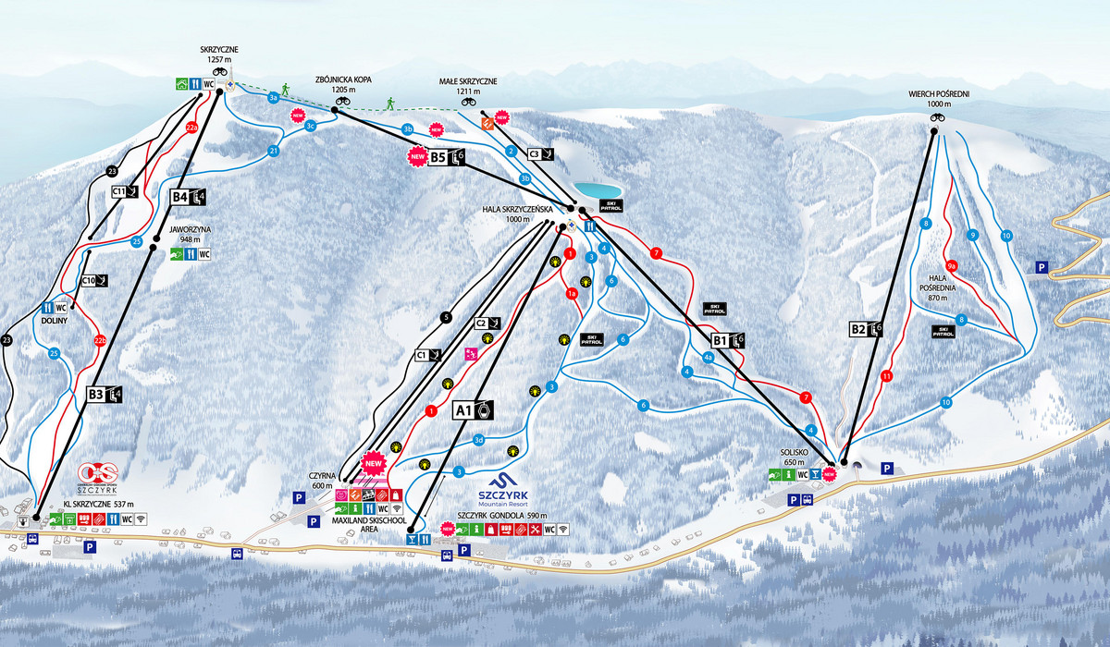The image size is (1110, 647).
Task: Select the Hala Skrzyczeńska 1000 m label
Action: (518, 214)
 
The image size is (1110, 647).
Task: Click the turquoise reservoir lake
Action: (596, 190)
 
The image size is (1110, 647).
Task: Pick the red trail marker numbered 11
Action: (887, 376)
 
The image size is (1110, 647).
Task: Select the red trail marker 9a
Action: (951, 264)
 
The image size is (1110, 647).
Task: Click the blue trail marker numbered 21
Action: (274, 151)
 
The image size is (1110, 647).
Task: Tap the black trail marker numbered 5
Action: (446, 317)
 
